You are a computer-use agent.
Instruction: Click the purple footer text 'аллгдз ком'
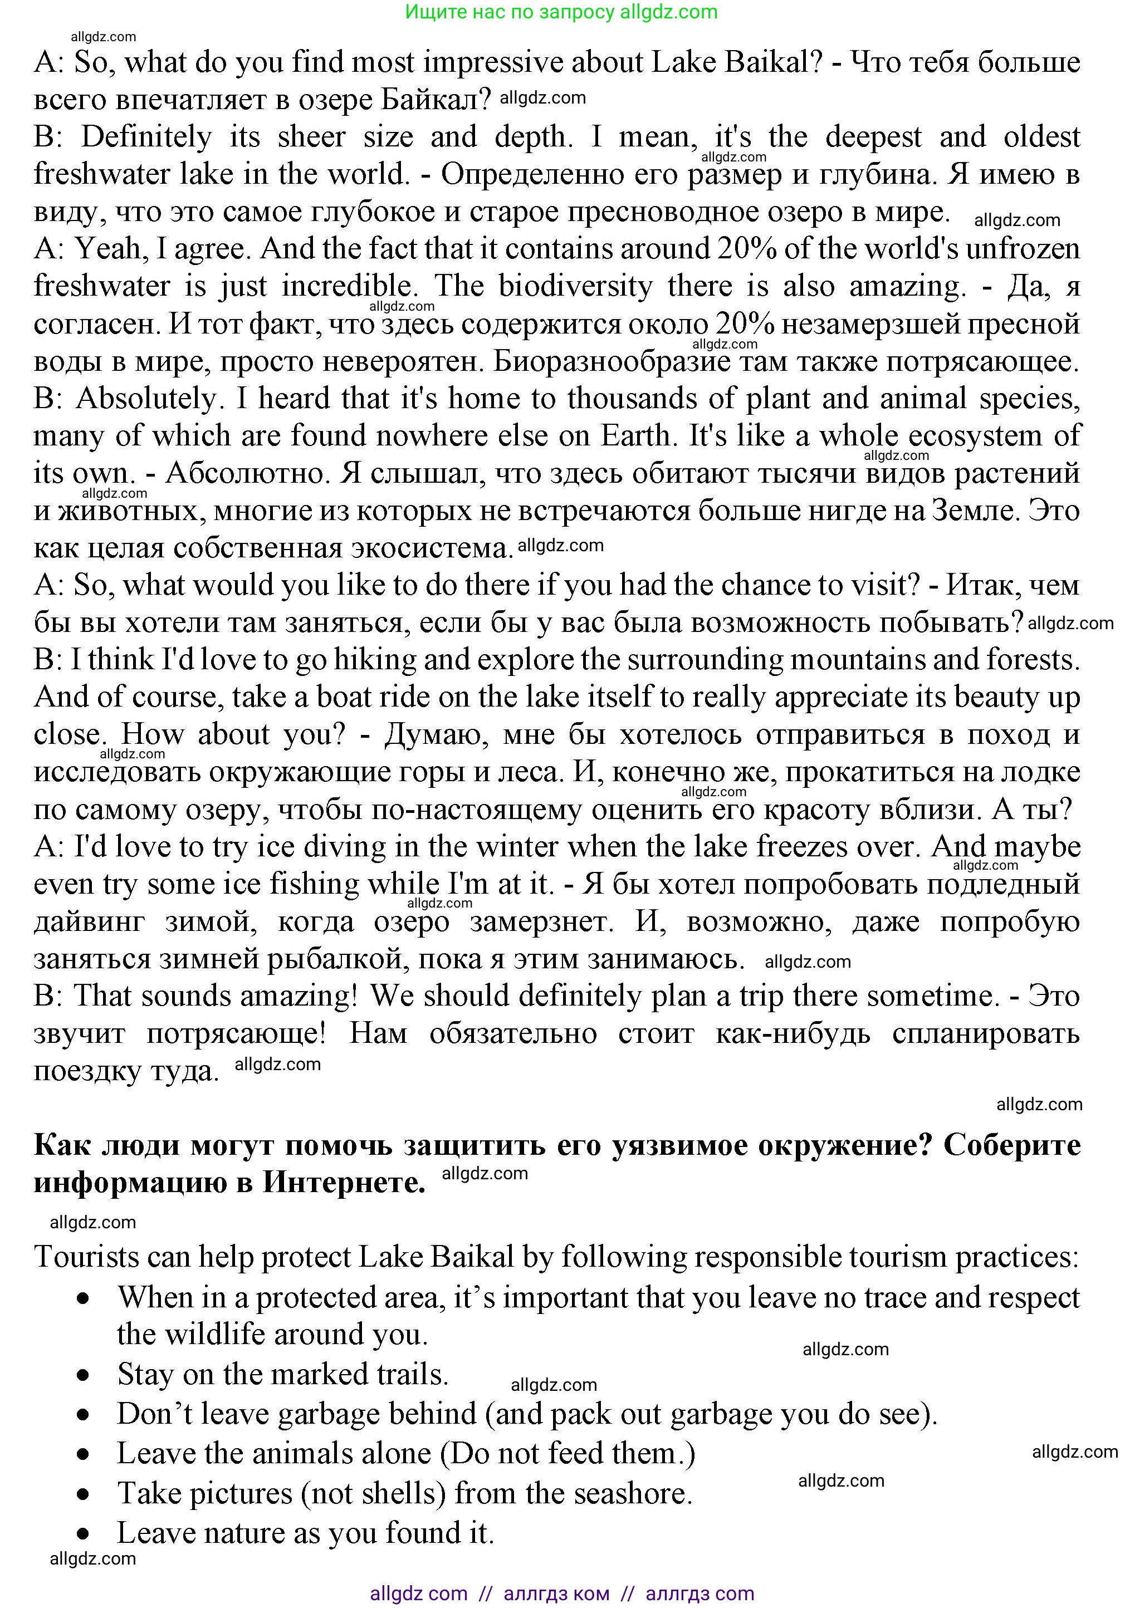556,1594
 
